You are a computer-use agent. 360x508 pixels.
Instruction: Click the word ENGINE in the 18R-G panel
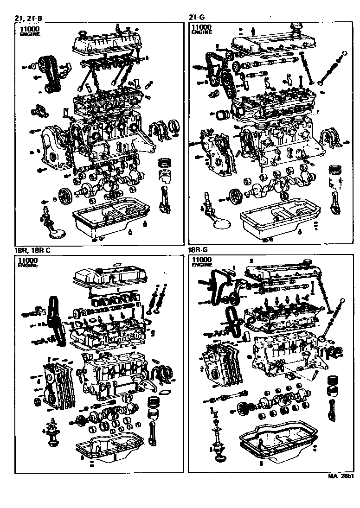(201, 266)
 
